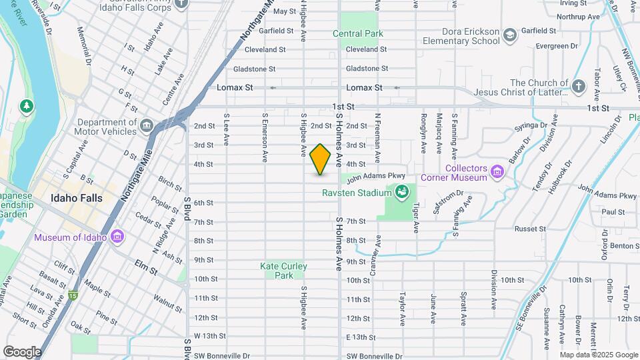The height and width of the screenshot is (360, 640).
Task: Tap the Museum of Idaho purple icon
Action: (x=117, y=237)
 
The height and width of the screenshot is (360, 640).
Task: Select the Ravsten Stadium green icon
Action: (x=401, y=193)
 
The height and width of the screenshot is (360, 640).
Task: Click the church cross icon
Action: (x=578, y=87)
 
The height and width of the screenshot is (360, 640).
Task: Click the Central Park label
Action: (x=358, y=33)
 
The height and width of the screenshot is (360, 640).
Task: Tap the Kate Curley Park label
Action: (x=284, y=271)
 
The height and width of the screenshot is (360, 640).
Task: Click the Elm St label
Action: (x=146, y=271)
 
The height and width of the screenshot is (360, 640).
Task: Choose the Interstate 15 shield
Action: (x=72, y=295)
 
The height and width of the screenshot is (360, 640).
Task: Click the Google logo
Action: (x=23, y=351)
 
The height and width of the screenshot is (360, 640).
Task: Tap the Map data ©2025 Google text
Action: (x=599, y=355)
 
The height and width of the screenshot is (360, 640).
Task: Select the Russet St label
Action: (x=530, y=229)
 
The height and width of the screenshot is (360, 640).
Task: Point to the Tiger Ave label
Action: (x=416, y=218)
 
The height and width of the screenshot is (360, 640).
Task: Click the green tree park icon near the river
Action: (x=27, y=106)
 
